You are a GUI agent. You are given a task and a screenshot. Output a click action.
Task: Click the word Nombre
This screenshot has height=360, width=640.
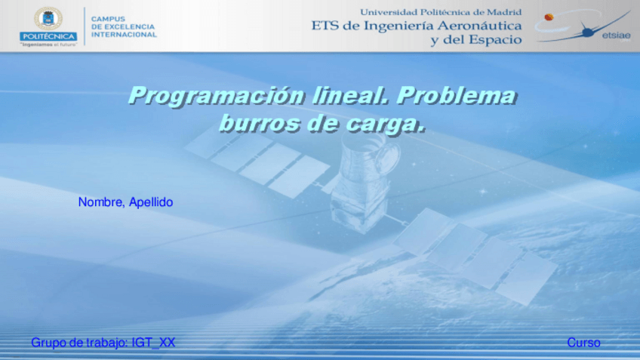coord(101,202)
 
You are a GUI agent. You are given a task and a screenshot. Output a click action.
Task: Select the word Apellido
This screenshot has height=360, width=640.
coord(151,202)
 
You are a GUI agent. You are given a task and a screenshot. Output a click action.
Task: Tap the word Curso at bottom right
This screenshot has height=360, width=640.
coord(583,343)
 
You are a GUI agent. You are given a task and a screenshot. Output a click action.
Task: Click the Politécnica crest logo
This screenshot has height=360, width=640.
coord(48,18)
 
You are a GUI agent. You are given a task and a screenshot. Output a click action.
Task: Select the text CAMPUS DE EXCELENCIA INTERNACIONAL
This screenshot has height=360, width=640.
coord(124,26)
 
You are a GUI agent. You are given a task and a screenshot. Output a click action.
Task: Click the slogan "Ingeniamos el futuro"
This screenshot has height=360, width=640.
coord(48,44)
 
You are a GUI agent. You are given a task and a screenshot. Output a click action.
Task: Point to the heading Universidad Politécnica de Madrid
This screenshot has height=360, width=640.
coord(441,12)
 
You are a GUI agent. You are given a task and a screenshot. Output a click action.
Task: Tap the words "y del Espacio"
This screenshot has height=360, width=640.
coord(475,40)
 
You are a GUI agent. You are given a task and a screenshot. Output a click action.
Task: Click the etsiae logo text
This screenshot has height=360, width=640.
coord(617,35)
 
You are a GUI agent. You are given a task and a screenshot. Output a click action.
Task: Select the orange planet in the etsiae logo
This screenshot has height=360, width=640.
coord(548,17)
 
